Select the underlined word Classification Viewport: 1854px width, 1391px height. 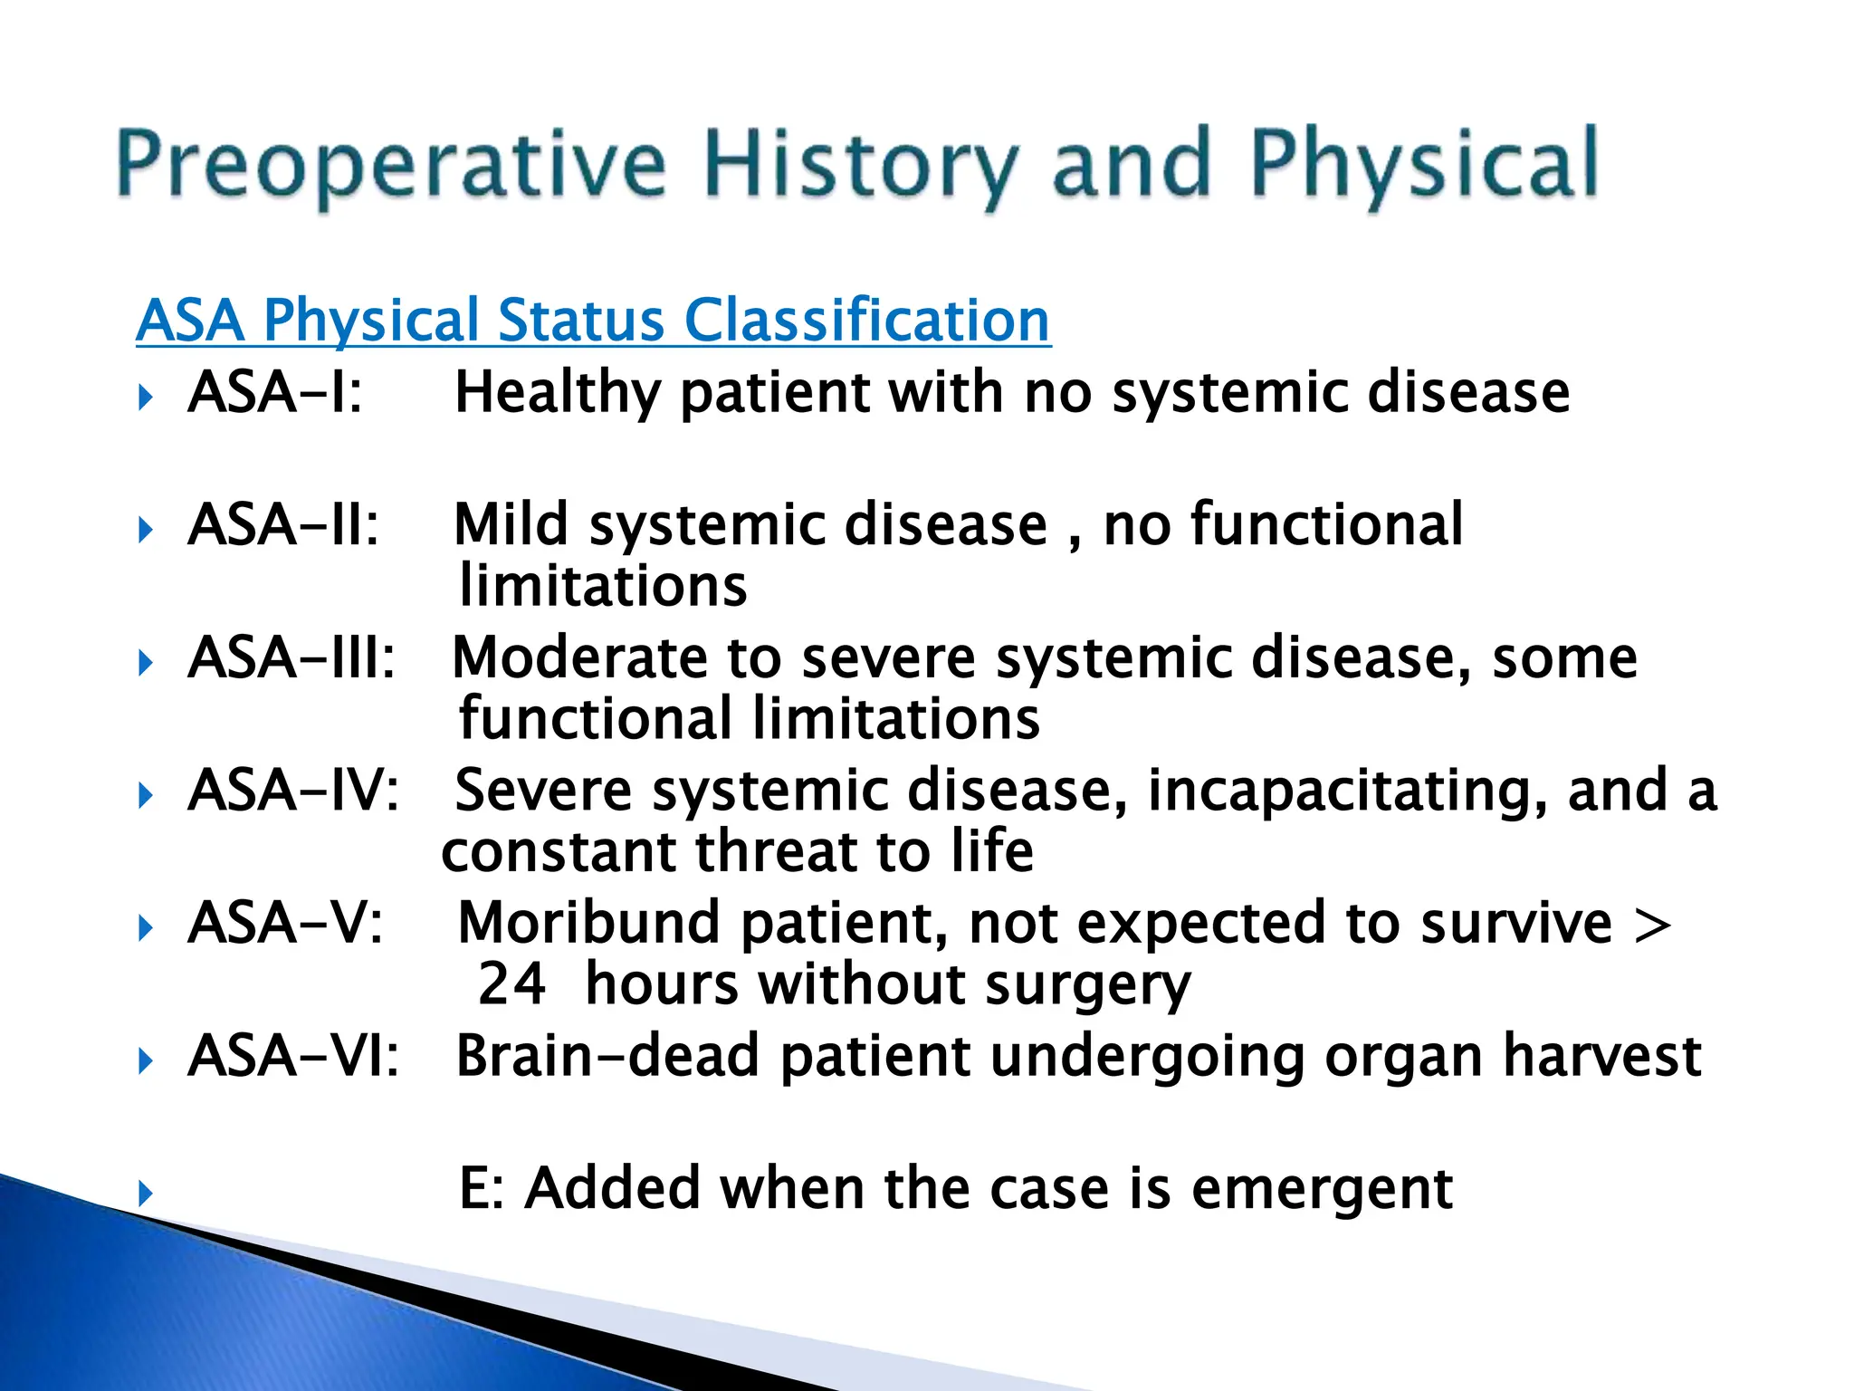pyautogui.click(x=866, y=321)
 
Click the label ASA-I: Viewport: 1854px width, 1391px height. pyautogui.click(x=275, y=393)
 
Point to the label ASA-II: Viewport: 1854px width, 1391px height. pyautogui.click(x=283, y=525)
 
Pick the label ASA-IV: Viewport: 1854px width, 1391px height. pyautogui.click(x=293, y=791)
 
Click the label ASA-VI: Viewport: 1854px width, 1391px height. pyautogui.click(x=293, y=1056)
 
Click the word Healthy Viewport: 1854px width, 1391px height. pyautogui.click(x=558, y=393)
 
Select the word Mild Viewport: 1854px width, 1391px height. pyautogui.click(x=511, y=525)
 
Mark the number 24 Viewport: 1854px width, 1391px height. pyautogui.click(x=511, y=984)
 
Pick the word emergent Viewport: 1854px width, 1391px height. pyautogui.click(x=1322, y=1189)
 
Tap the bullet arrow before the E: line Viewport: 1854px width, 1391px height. pyautogui.click(x=146, y=1193)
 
